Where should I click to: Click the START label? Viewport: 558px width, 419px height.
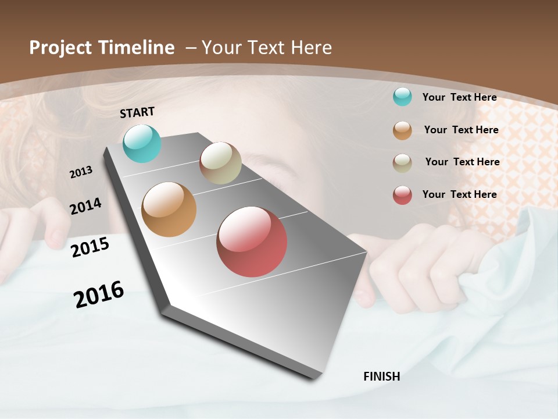click(137, 112)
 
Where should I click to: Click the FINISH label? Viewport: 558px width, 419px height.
click(381, 377)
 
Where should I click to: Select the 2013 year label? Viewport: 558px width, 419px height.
click(81, 172)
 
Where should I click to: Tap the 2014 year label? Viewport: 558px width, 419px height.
click(86, 206)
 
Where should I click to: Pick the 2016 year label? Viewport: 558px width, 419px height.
click(99, 294)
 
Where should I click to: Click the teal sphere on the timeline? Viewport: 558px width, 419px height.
click(142, 144)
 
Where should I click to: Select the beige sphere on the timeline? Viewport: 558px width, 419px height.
click(220, 163)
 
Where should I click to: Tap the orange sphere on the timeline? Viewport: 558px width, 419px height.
click(169, 210)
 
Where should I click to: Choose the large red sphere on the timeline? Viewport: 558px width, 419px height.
click(252, 242)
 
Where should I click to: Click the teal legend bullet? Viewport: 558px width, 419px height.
click(402, 97)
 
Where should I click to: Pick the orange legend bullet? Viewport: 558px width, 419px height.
click(402, 130)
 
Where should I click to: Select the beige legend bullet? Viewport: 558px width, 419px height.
click(402, 162)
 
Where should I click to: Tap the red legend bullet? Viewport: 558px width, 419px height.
click(402, 195)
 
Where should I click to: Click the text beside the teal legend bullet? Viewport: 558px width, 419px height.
click(459, 97)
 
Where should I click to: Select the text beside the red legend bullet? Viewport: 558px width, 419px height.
click(459, 194)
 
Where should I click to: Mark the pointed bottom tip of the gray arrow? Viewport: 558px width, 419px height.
click(314, 377)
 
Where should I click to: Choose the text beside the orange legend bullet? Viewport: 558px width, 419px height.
click(461, 130)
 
